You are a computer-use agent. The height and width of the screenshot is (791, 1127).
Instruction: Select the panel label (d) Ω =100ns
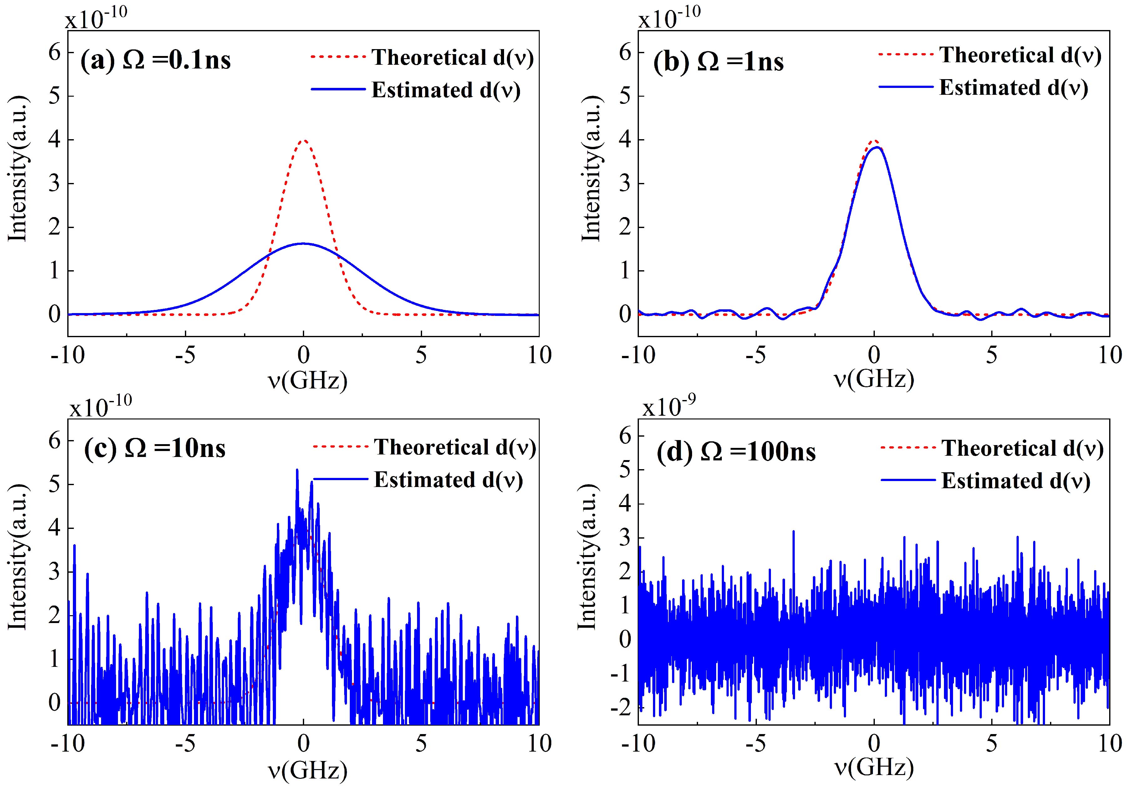tap(736, 451)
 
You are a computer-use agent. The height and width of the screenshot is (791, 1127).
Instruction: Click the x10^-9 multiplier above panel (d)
tap(663, 407)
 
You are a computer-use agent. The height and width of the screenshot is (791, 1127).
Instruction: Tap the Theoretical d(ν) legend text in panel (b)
tap(1020, 55)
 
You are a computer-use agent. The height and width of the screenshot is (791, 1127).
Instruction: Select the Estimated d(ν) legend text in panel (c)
tap(448, 480)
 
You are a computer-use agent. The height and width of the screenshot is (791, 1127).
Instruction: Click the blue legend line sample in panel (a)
tap(339, 89)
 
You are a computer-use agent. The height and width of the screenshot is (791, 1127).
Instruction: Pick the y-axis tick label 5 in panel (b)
tap(625, 96)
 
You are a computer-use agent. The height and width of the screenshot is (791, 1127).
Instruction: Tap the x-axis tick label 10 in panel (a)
tap(539, 355)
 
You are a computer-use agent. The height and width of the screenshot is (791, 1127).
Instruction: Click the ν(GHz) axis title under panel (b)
tap(874, 379)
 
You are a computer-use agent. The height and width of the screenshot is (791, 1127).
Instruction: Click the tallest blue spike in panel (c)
tap(297, 470)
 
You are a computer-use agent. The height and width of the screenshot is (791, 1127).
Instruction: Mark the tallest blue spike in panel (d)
tap(793, 531)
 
